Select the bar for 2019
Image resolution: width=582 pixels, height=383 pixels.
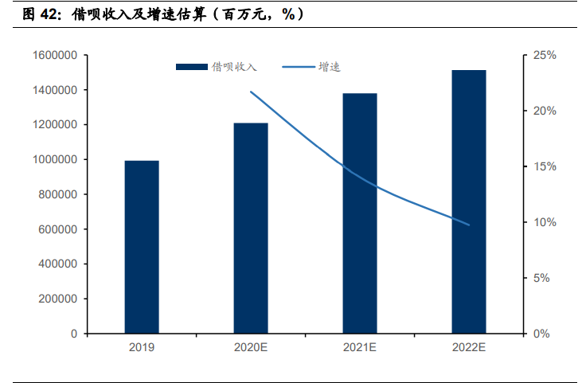coord(142,247)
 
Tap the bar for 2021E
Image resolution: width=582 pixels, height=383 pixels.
coord(360,213)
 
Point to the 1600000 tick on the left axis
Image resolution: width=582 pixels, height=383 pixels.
coord(55,55)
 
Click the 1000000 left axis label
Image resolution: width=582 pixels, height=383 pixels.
coord(55,160)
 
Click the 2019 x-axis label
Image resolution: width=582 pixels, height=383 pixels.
coord(142,348)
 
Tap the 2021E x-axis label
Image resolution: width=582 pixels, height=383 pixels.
coord(360,348)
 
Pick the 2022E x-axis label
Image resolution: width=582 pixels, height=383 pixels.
coord(469,348)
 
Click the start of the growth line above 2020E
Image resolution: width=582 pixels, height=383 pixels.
coord(251,92)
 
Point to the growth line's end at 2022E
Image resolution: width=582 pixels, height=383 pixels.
coord(469,225)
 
